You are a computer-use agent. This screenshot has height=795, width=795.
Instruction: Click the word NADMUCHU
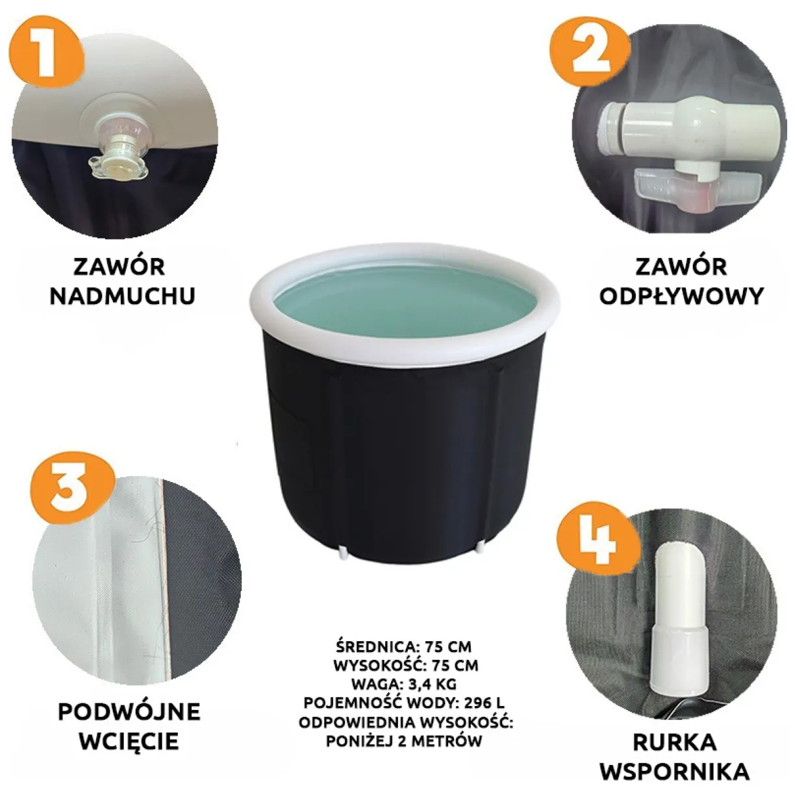tap(123, 296)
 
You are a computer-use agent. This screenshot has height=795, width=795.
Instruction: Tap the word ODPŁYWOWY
tap(681, 296)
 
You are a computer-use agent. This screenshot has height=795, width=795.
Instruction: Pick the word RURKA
tap(675, 731)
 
